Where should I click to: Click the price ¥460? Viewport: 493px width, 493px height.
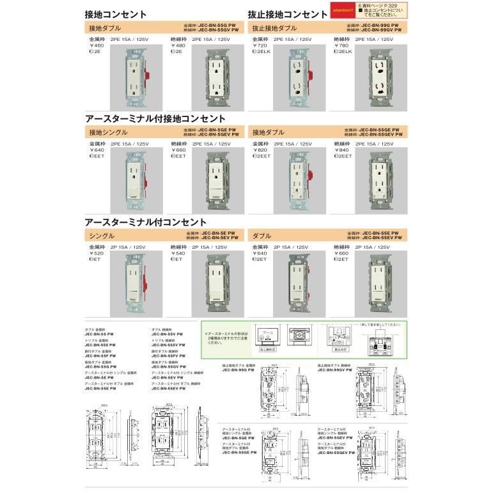pos(97,45)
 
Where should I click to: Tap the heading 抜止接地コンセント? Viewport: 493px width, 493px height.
pos(288,14)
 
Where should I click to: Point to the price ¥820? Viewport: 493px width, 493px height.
pos(260,150)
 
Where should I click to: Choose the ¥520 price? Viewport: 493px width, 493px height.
pos(97,254)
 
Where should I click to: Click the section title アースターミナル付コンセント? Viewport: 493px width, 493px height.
pos(146,222)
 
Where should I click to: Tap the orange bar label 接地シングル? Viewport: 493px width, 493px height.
pos(108,132)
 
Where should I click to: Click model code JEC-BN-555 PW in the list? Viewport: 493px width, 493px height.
pos(99,345)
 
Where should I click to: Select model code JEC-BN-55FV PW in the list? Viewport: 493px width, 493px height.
pos(168,356)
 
